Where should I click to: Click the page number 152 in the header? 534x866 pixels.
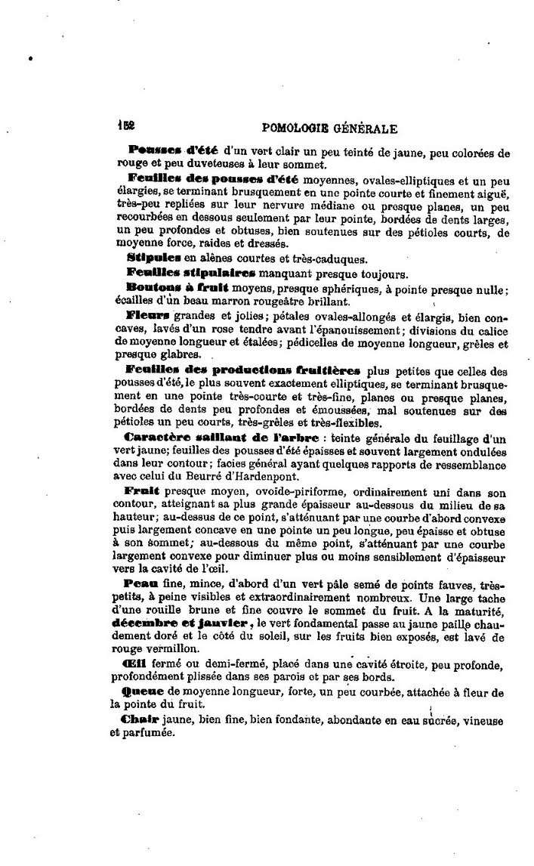coord(125,128)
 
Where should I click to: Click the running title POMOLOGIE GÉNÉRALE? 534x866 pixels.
coord(327,128)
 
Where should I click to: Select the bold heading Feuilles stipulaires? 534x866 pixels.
coord(193,272)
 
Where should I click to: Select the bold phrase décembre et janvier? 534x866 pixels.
coord(180,623)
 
